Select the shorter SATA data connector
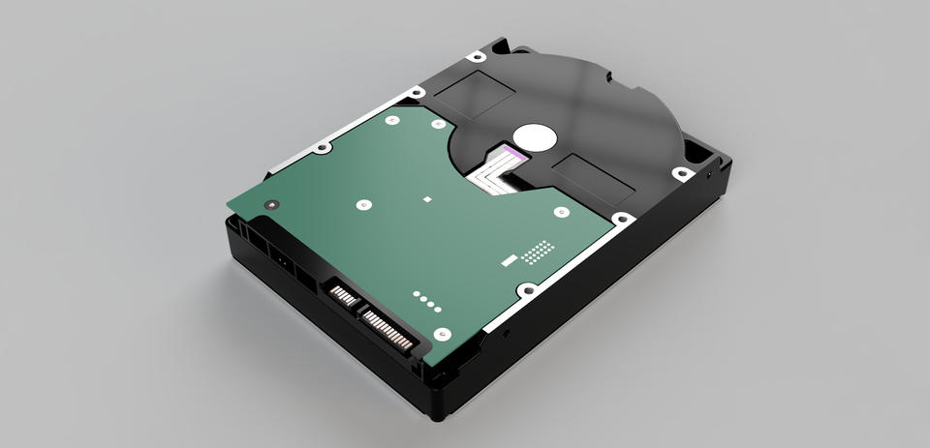pos(342,293)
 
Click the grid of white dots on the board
pos(539,252)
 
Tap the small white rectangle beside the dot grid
pos(506,260)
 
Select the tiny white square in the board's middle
pos(426,199)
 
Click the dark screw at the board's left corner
pos(269,204)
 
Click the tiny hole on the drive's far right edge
pos(711,176)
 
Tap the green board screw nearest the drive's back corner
pos(392,121)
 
